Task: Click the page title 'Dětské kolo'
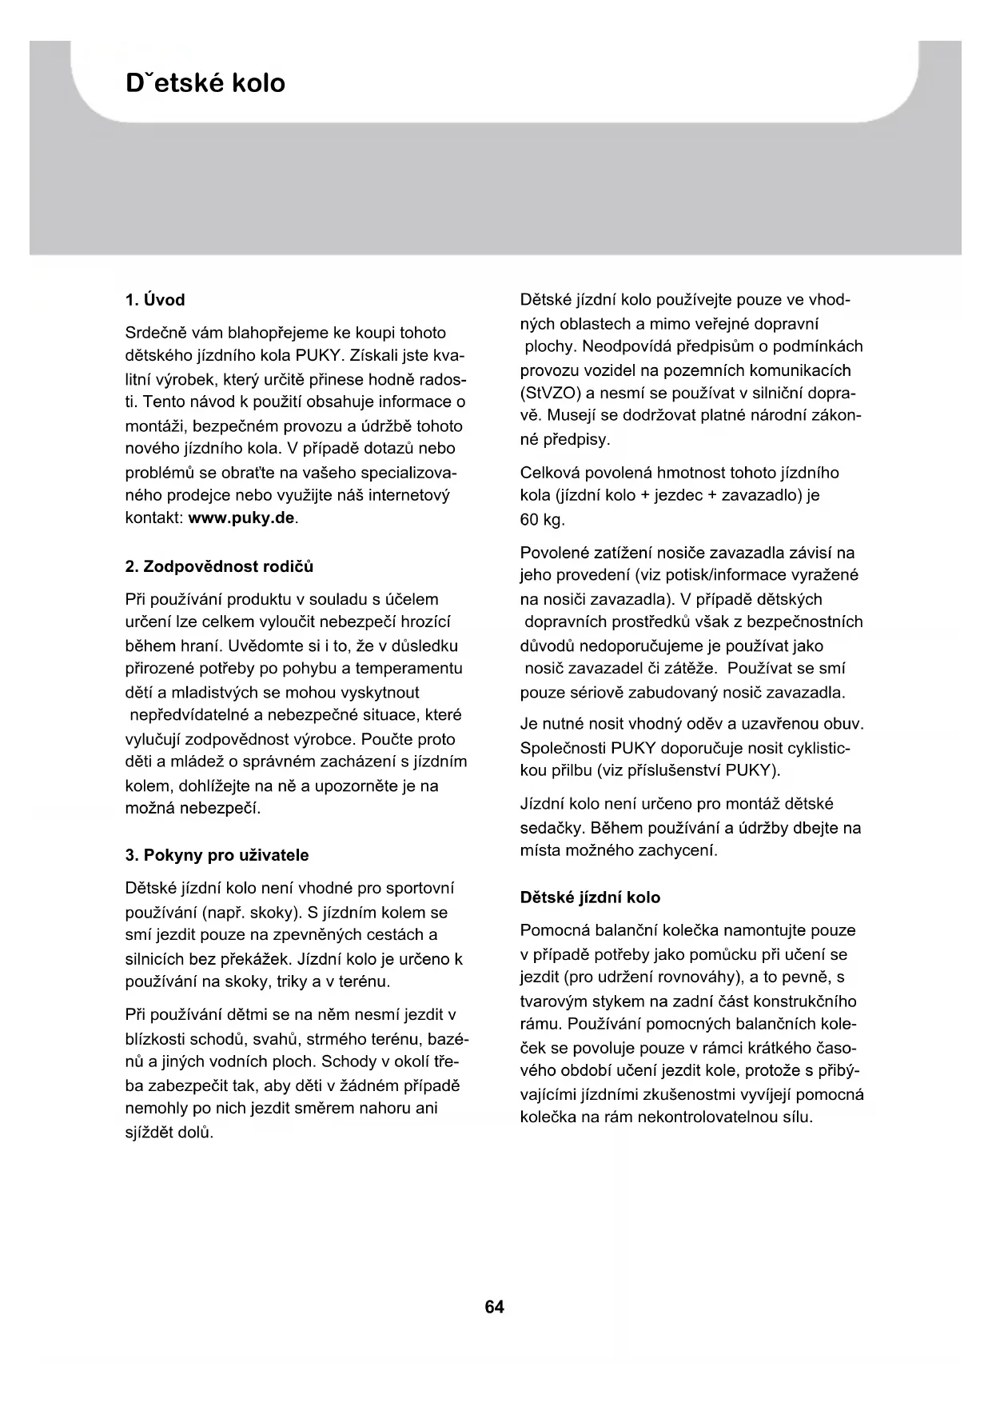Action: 205,83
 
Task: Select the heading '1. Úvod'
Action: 155,300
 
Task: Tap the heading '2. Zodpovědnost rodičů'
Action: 219,566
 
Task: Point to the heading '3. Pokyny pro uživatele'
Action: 217,855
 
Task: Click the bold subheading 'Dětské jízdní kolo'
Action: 590,897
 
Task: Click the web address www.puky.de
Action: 241,518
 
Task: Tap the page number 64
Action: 495,1307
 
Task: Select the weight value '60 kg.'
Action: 542,520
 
